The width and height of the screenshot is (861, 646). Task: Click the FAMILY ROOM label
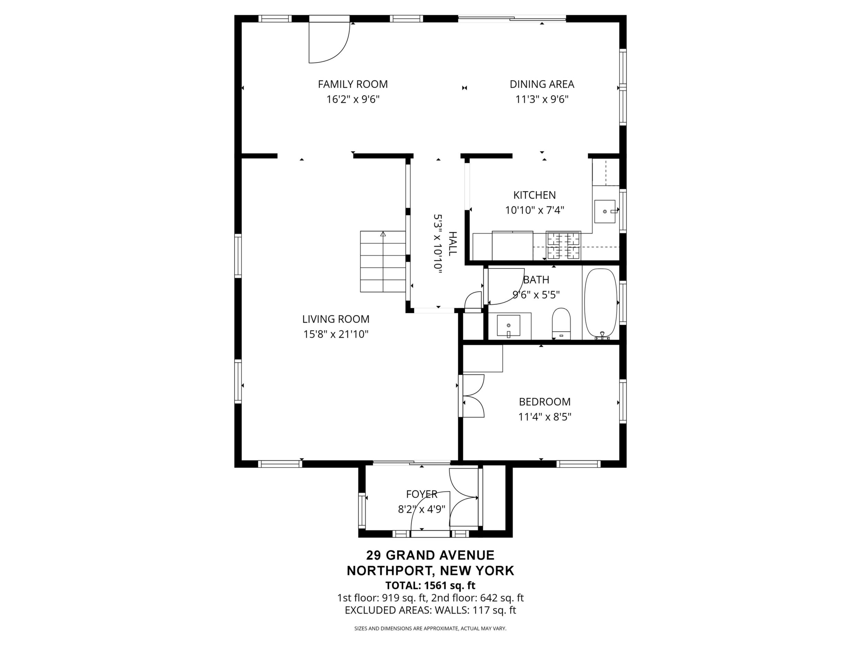pos(353,84)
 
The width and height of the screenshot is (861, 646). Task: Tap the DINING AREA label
pos(542,84)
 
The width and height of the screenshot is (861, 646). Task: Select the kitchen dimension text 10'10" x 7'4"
pos(534,210)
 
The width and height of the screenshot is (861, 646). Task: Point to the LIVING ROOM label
pos(336,319)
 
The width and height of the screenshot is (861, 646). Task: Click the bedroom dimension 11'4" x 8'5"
pos(545,417)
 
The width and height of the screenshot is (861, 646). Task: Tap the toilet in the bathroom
pos(561,324)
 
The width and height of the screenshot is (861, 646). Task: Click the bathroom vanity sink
pos(508,325)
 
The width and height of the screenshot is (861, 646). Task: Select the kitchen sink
pos(605,212)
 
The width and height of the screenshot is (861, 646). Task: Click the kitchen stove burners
pos(564,245)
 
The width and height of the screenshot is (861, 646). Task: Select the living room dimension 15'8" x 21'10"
pos(336,334)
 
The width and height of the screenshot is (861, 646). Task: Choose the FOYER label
pos(422,494)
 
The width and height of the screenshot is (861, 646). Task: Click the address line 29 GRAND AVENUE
pos(430,555)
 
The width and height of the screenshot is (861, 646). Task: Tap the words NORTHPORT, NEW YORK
pos(430,571)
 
